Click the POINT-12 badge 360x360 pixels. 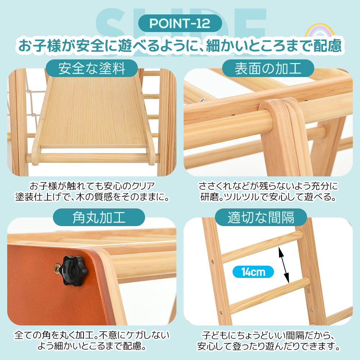[x=180, y=23]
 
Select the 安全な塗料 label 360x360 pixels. [x=92, y=68]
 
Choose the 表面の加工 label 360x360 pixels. [x=268, y=68]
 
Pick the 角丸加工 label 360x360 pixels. [x=99, y=217]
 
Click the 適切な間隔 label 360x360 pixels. [x=261, y=217]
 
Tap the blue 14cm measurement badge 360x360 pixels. [x=253, y=272]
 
